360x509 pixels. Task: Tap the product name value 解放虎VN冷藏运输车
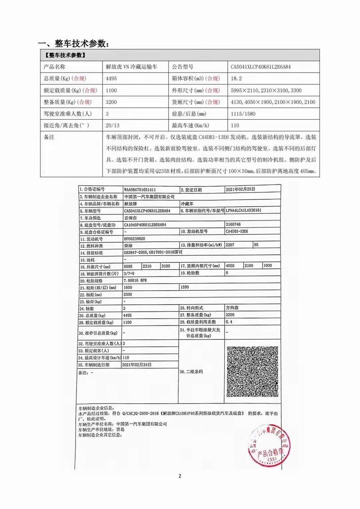(x=130, y=67)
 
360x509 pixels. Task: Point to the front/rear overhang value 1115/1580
(x=243, y=114)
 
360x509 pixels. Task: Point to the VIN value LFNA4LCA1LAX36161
(x=245, y=210)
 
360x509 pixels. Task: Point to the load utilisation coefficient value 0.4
(x=229, y=322)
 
